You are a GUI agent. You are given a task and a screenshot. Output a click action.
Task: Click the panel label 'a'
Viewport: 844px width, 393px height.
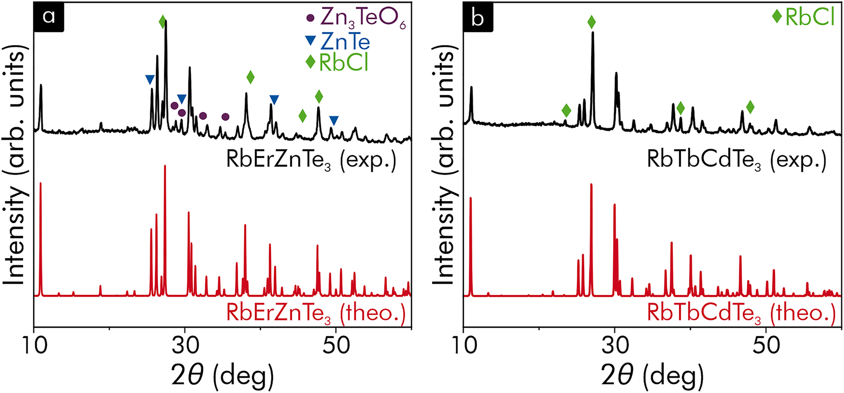[49, 17]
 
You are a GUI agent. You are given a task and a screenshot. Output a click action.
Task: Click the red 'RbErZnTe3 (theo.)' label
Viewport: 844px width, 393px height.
[316, 313]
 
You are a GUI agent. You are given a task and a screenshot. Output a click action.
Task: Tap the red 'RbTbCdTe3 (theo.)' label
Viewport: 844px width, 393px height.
[741, 313]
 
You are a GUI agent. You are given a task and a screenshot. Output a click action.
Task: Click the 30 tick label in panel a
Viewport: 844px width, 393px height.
[185, 345]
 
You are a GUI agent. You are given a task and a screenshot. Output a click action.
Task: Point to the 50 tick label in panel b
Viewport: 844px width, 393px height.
[766, 345]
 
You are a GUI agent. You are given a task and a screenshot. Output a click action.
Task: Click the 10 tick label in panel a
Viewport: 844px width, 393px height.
[34, 345]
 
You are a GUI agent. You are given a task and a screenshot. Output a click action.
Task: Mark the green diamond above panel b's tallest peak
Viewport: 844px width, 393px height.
[592, 22]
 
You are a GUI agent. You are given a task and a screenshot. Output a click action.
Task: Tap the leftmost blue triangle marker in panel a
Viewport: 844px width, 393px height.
[150, 79]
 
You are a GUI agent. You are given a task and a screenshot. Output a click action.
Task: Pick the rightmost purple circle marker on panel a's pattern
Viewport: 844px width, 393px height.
[226, 116]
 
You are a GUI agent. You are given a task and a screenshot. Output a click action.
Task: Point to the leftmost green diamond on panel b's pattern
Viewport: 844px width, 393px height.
[566, 110]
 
